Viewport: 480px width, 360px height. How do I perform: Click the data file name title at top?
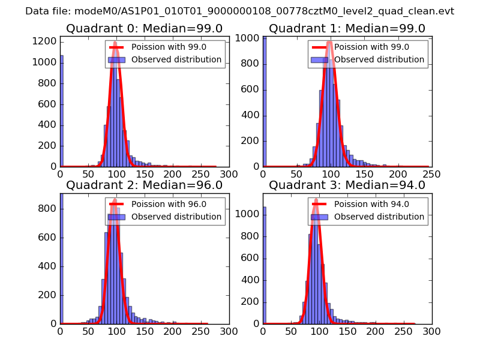239,11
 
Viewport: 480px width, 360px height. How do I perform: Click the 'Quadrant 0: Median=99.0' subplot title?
144,29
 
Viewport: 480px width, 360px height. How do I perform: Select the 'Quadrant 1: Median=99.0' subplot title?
347,29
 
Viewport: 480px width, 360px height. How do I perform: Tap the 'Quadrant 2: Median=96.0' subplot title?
144,185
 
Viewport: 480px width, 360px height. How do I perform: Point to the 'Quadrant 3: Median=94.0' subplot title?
347,185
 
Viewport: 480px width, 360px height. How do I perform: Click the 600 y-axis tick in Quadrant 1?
251,90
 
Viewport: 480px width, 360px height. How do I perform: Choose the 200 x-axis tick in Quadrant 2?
172,331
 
